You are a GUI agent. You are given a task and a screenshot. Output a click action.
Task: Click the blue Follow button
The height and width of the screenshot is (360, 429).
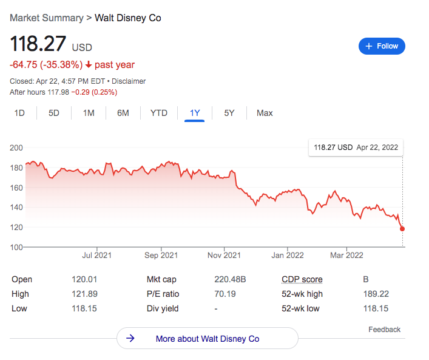coord(382,46)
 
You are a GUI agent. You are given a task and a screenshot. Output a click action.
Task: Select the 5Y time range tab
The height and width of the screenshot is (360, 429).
coord(229,113)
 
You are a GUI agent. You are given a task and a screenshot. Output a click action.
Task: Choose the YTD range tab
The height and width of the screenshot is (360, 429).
coord(159,113)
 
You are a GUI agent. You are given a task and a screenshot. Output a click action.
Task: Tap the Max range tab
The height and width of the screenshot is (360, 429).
coord(265,113)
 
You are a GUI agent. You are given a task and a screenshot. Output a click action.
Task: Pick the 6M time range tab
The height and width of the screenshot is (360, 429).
coord(123,113)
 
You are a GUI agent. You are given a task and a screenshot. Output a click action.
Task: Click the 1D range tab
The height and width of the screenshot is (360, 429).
coord(19,113)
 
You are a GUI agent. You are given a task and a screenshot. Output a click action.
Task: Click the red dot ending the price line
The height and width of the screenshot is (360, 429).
coord(402,229)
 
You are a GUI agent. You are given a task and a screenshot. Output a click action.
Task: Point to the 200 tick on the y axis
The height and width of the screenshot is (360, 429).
coord(17,148)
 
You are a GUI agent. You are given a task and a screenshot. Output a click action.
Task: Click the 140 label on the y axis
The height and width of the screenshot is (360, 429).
coord(17,207)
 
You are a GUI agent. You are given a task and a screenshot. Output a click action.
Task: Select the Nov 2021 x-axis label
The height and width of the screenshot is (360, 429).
coord(224,256)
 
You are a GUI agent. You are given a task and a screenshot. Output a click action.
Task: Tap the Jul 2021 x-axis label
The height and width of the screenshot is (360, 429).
coord(96,256)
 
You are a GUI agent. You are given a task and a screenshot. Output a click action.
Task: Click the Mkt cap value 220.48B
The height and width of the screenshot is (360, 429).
coord(231,280)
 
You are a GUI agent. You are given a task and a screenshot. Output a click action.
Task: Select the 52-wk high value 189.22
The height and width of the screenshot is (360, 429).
coord(376,294)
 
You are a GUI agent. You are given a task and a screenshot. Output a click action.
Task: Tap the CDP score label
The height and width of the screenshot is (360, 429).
coord(302,280)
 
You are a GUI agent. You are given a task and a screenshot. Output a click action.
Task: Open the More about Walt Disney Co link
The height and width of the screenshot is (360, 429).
coord(207,339)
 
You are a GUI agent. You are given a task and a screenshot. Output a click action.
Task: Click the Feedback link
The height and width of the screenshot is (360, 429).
coord(384,330)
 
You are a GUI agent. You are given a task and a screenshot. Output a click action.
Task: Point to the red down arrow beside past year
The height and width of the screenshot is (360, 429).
coord(89,65)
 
